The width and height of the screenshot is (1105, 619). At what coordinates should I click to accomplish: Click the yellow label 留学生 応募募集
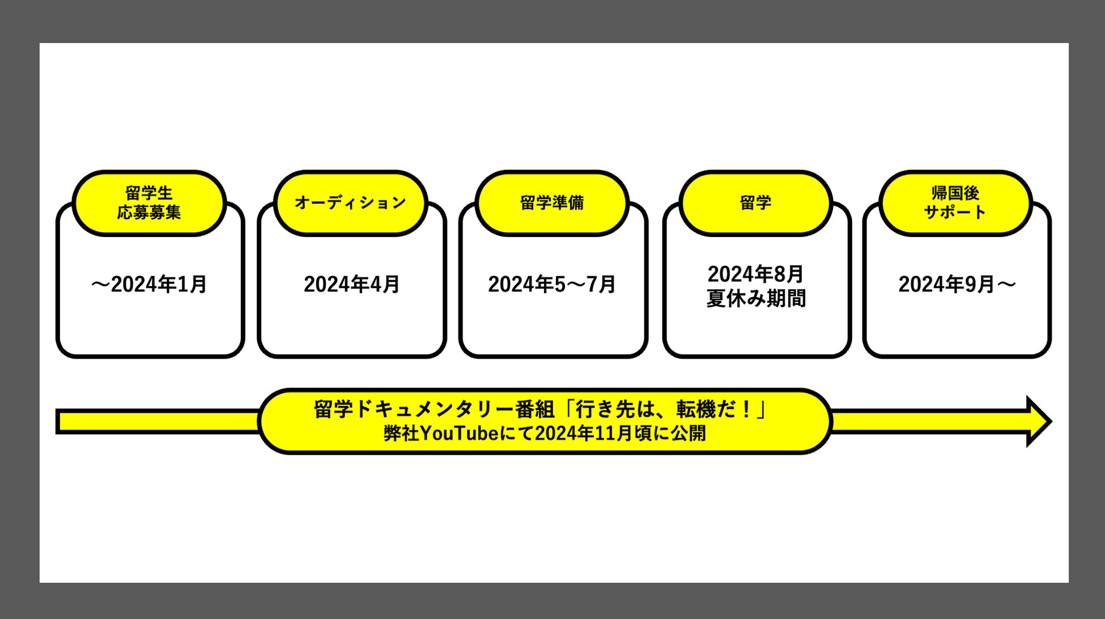click(x=149, y=202)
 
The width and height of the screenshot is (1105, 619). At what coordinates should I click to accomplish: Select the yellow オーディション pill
click(x=350, y=202)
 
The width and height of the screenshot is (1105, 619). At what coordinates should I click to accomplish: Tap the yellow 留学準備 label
click(x=552, y=202)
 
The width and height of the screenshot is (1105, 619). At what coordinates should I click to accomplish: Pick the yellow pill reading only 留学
click(x=755, y=202)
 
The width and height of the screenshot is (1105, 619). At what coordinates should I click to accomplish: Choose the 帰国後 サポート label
click(x=955, y=202)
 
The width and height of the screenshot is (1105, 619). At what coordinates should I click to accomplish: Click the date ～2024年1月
click(x=149, y=284)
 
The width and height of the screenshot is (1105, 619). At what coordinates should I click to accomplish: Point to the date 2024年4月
click(x=351, y=284)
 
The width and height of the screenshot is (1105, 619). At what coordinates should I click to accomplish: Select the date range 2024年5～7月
click(x=552, y=284)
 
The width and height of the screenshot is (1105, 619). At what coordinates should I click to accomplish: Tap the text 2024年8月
click(x=755, y=274)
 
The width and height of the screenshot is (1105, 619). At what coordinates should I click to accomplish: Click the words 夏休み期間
click(x=755, y=298)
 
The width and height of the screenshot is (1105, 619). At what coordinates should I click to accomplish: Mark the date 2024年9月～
click(x=957, y=284)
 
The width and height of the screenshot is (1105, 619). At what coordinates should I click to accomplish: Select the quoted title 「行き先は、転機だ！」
click(x=667, y=409)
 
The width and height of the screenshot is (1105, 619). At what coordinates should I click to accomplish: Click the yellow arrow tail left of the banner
click(x=159, y=422)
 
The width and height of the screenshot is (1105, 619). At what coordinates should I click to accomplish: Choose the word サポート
click(x=955, y=212)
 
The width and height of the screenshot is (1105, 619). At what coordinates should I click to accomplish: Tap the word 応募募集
click(x=149, y=212)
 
